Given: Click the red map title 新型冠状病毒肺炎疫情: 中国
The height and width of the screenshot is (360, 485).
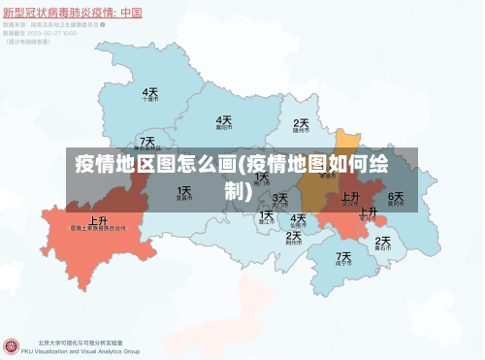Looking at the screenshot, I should click(x=73, y=13).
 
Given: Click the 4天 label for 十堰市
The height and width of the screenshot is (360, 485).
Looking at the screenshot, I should click(x=150, y=92).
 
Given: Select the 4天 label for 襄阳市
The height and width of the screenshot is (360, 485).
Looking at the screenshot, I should click(x=224, y=119).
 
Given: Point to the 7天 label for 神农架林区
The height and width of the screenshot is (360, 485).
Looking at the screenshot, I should click(x=146, y=142).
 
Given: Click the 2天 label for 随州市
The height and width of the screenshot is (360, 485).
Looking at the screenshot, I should click(x=301, y=123).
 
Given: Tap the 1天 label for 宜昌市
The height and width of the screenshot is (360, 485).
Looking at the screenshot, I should click(x=183, y=191).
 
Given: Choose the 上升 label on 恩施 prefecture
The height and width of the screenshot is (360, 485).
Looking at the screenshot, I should click(x=98, y=220).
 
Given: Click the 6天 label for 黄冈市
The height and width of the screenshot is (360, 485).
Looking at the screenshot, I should click(x=396, y=197).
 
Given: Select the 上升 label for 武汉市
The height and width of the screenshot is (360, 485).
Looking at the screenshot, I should click(x=351, y=197).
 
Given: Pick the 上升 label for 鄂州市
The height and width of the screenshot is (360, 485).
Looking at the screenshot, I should click(x=369, y=212).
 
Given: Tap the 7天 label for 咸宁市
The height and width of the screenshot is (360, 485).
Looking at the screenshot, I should click(x=343, y=257).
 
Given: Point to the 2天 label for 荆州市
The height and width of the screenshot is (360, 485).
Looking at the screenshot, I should click(x=293, y=236).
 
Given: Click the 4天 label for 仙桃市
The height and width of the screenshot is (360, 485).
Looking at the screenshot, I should click(x=298, y=218).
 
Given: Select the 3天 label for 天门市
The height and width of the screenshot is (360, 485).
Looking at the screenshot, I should click(x=280, y=198).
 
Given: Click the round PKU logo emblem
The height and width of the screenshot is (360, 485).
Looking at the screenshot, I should click(x=13, y=345).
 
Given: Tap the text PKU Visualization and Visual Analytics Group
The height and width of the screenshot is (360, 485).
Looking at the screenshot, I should click(x=87, y=351).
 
